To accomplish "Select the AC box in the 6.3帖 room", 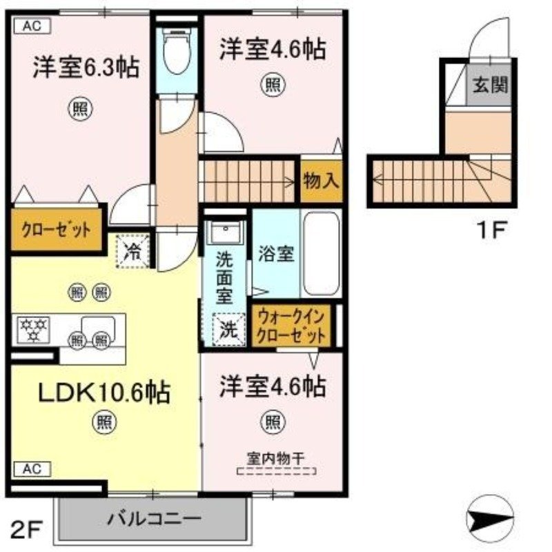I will [x=30, y=27].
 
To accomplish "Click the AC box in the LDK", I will [x=30, y=469].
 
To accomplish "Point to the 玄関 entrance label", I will [x=490, y=86].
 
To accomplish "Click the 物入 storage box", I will [x=321, y=181].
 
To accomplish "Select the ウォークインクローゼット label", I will [x=290, y=328].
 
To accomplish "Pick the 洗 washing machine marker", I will [x=227, y=328].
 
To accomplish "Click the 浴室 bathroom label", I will [x=276, y=254].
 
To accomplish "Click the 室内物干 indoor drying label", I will [x=276, y=457].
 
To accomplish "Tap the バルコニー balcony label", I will [x=153, y=518].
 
